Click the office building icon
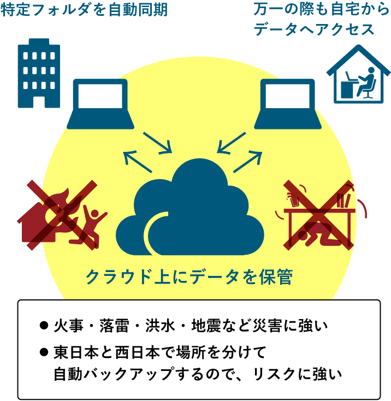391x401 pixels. (x=39, y=73)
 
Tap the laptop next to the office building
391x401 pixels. (x=101, y=104)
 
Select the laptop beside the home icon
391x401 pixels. (x=287, y=104)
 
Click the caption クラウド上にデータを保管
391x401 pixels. (x=189, y=277)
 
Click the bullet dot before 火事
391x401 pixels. (x=44, y=326)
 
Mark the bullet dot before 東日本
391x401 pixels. (x=44, y=352)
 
